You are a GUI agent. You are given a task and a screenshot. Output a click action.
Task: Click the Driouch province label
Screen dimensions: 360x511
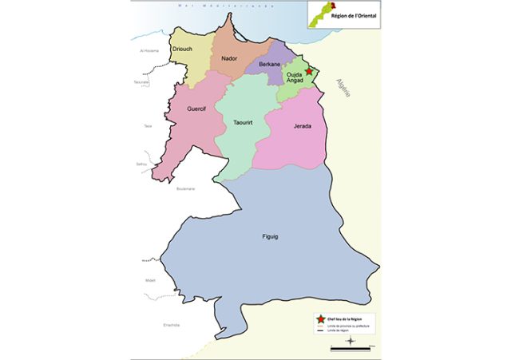(181, 49)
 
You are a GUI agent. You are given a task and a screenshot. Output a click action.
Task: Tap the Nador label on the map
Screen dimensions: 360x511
(229, 58)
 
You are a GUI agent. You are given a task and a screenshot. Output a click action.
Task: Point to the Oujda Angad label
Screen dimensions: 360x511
(296, 81)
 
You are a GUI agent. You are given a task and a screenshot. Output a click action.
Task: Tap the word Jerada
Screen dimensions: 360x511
(303, 126)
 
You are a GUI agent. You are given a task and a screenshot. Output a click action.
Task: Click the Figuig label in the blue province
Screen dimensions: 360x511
(251, 237)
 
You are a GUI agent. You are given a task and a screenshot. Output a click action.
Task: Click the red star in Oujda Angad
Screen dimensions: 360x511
(309, 71)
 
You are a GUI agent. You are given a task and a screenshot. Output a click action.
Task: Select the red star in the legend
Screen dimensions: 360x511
(321, 319)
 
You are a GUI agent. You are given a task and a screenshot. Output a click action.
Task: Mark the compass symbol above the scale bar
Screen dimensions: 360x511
(351, 340)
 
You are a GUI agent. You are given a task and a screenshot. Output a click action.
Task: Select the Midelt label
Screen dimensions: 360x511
(151, 279)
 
